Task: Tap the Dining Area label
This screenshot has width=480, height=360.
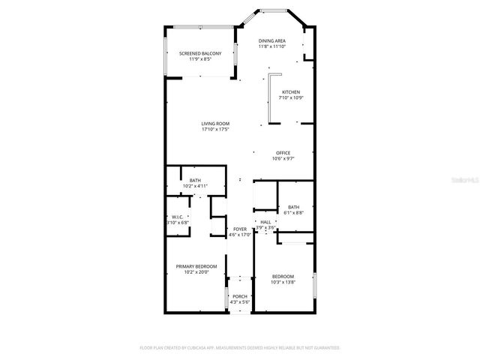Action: coord(271,40)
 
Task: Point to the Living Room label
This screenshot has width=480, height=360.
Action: coord(215,123)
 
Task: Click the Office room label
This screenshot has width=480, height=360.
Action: coord(283,153)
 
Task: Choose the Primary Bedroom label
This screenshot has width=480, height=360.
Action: coord(196,266)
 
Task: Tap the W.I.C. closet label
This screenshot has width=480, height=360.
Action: coord(178,217)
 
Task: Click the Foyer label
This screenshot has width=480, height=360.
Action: coord(240,229)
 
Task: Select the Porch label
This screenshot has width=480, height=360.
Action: coord(240,296)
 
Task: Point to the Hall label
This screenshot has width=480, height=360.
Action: coord(265,222)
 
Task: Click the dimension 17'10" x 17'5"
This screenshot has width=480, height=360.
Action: coord(215,129)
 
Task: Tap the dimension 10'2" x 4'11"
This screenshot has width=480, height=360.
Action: coord(195,185)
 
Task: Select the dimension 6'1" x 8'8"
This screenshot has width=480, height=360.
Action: coord(293,212)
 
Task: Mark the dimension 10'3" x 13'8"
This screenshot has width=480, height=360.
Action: coord(283,281)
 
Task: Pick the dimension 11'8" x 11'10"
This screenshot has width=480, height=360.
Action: coord(271,46)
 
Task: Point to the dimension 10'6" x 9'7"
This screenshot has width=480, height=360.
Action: coord(283,159)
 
